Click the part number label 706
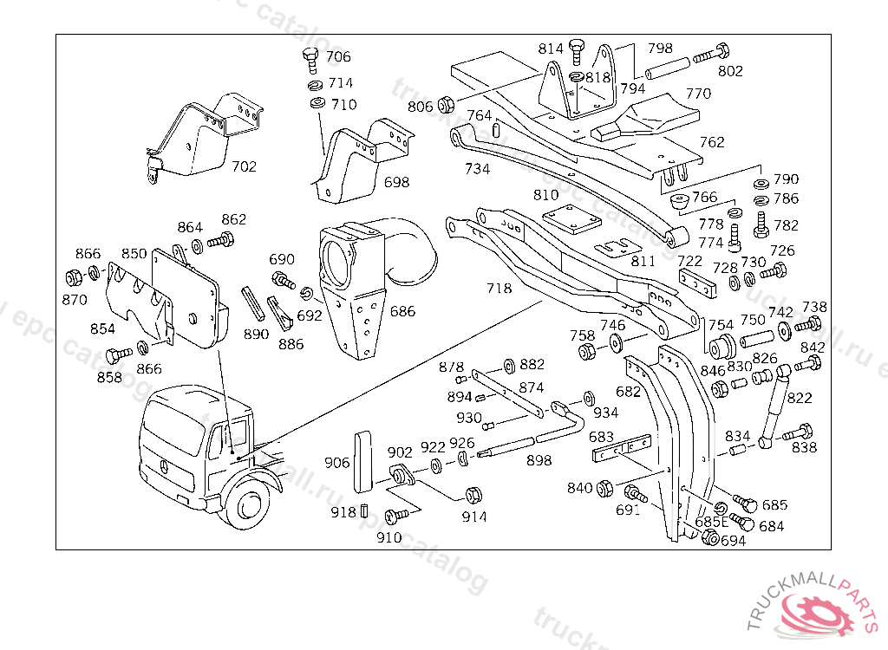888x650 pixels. [x=338, y=57]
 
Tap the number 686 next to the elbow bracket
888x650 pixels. [x=402, y=311]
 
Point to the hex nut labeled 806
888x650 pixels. [x=447, y=105]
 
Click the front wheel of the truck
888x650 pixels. [x=250, y=510]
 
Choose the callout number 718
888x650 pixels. [x=499, y=289]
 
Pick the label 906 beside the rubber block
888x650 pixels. [x=337, y=462]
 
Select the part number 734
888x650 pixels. [x=477, y=169]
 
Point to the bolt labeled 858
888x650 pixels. [x=113, y=355]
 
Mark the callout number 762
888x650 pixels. [x=712, y=142]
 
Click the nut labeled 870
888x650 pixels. [x=74, y=279]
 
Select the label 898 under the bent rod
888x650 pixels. [x=539, y=460]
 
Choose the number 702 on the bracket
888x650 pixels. [x=244, y=166]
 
